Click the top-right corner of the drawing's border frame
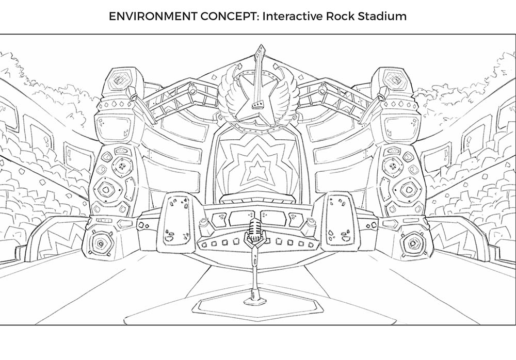click(x=515, y=34)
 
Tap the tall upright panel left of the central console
click(x=177, y=223)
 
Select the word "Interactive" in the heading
click(x=293, y=16)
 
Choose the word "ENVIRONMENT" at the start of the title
click(x=153, y=16)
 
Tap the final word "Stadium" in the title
click(x=382, y=16)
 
